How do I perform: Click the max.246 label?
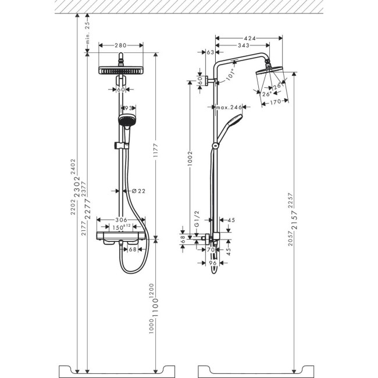tap(227, 107)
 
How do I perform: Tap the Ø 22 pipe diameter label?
tap(139, 191)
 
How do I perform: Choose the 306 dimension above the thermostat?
tap(121, 220)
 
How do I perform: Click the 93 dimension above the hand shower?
tap(127, 108)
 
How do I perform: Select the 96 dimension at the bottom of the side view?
tap(213, 263)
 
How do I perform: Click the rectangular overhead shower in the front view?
tap(121, 70)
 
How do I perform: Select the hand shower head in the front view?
tap(124, 121)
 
